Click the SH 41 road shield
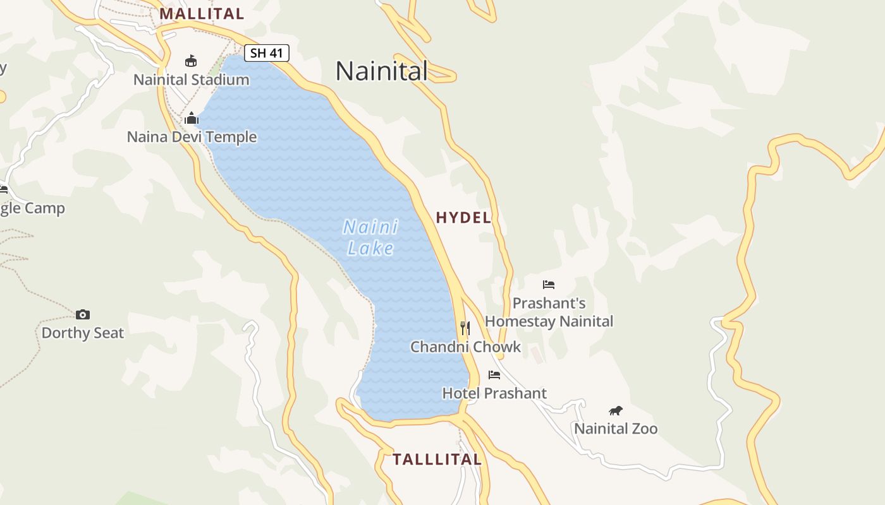click(x=267, y=53)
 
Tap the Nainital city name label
click(x=381, y=71)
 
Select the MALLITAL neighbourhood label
click(x=202, y=13)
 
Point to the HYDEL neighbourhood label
click(x=463, y=218)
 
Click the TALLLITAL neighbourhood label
click(x=437, y=459)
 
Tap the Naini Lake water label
click(x=370, y=237)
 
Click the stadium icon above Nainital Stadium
click(x=191, y=61)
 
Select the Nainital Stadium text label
click(x=191, y=80)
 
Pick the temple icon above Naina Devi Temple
click(x=192, y=118)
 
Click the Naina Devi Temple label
click(x=192, y=137)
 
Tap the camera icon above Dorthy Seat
click(x=83, y=314)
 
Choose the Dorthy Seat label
click(x=83, y=333)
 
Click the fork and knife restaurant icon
click(x=465, y=328)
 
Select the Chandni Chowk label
click(x=465, y=347)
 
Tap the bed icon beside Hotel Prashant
click(x=494, y=375)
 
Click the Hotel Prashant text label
click(x=494, y=393)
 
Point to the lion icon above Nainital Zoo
click(x=616, y=411)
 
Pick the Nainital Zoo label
click(x=616, y=429)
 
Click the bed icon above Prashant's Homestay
click(x=549, y=285)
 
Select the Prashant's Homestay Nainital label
click(x=549, y=312)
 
